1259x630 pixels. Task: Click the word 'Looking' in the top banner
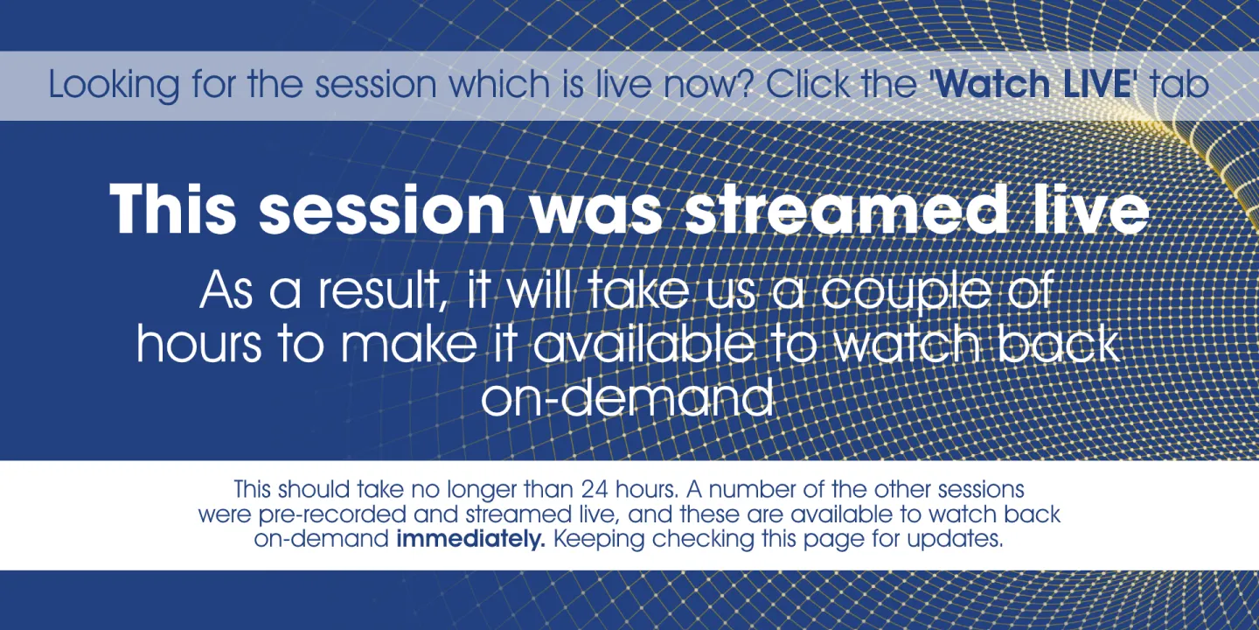(x=114, y=85)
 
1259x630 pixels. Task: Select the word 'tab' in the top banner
(x=1179, y=83)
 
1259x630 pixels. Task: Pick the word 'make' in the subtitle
(x=409, y=343)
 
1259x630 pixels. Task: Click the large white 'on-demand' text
(x=627, y=397)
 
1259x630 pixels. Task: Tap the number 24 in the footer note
(x=595, y=490)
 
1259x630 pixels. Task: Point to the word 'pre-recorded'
(x=332, y=515)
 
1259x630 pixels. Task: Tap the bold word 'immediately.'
(x=471, y=539)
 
